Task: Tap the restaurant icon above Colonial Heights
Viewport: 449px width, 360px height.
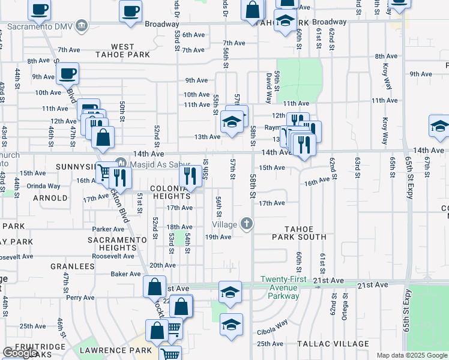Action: point(190,176)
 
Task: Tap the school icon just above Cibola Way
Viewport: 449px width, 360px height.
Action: point(231,325)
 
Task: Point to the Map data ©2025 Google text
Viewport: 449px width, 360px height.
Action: point(411,355)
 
